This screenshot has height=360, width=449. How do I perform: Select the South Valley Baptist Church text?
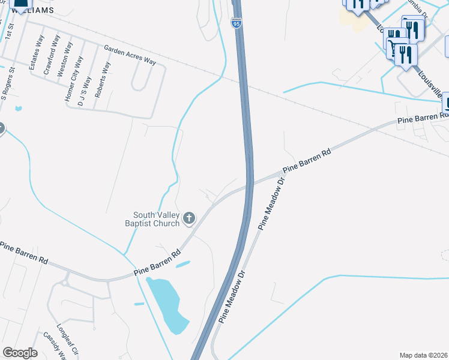point(156,219)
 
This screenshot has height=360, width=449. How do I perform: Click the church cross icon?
point(189,218)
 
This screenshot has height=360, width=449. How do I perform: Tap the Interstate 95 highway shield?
point(236,23)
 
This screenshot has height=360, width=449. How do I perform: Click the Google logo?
point(20,352)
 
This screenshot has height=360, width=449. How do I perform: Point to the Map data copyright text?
point(424,355)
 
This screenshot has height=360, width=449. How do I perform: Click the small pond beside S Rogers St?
point(19,109)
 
